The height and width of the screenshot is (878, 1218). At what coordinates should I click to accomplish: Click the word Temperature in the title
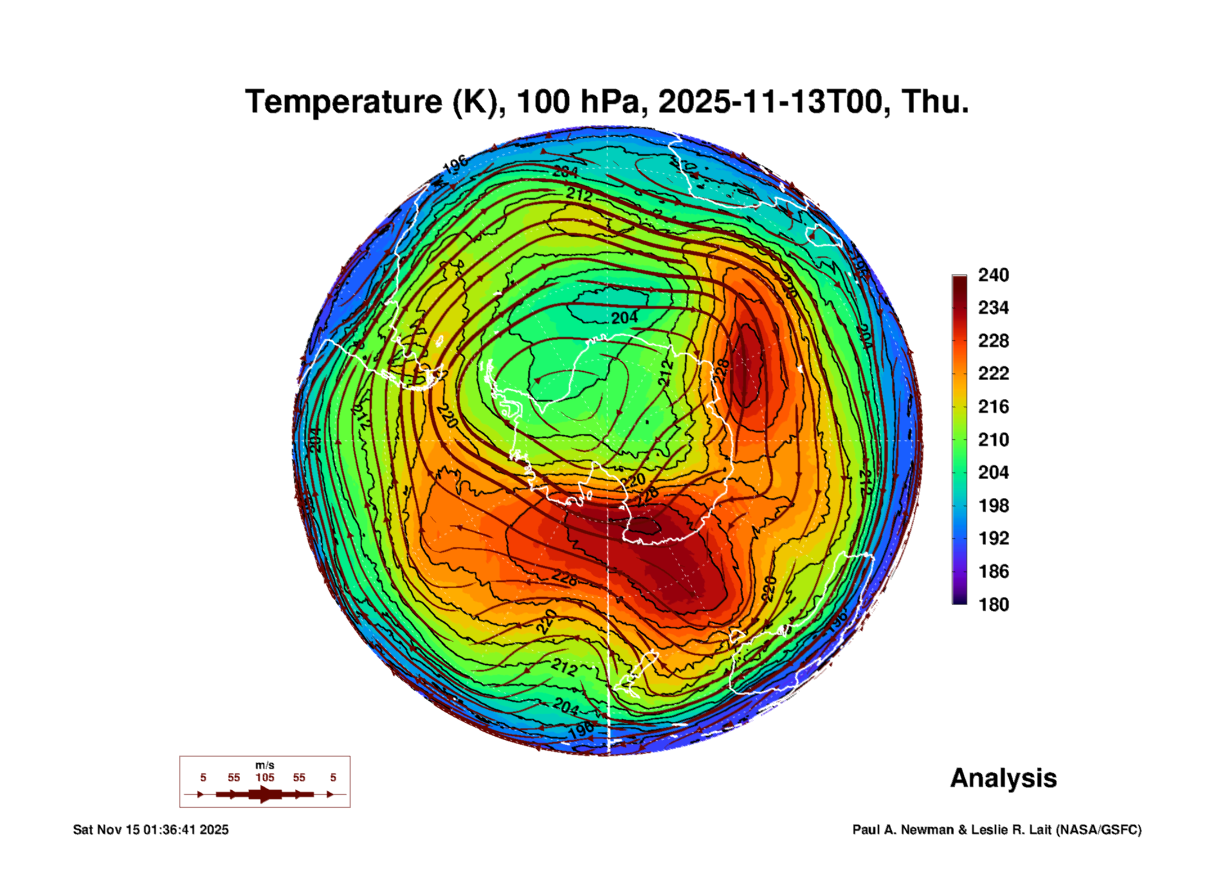[x=344, y=102]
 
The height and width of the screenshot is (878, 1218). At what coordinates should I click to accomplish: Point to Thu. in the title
[x=935, y=102]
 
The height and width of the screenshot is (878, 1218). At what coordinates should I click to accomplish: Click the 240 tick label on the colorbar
[x=993, y=275]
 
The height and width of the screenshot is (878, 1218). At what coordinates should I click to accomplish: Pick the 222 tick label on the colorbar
[x=993, y=373]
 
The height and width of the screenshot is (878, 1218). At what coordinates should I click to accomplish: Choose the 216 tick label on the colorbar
[x=993, y=407]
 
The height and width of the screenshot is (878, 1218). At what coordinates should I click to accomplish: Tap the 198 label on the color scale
[x=993, y=506]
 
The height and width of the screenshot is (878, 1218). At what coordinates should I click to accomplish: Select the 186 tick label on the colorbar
[x=993, y=571]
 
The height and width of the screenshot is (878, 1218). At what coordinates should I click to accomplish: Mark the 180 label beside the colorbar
[x=993, y=605]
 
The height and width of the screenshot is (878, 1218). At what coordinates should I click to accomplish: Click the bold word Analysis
[x=1003, y=778]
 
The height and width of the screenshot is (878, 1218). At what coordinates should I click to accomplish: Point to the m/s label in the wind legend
[x=264, y=765]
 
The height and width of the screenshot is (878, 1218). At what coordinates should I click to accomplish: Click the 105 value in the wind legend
[x=264, y=777]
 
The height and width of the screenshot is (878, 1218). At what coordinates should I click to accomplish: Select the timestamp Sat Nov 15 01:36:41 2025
[x=151, y=830]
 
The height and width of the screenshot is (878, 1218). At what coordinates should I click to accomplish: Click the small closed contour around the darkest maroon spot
[x=643, y=526]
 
